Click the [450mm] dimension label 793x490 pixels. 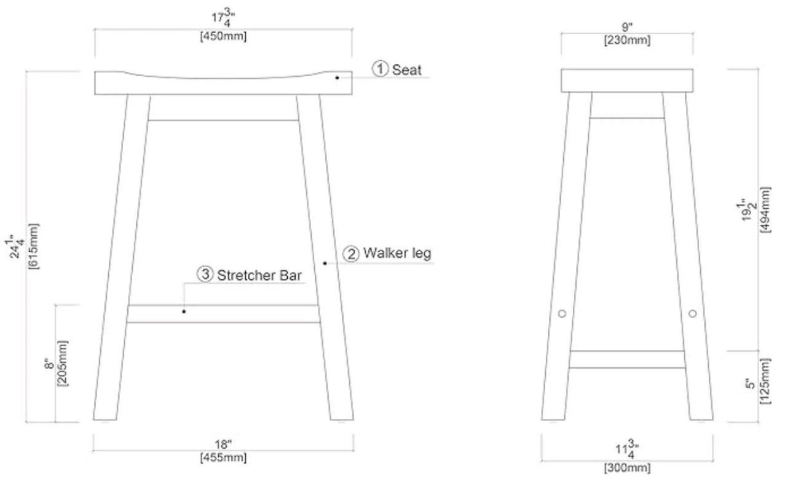223,36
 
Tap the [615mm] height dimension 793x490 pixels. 34,246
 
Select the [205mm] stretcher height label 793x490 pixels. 62,364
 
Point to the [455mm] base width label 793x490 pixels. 223,457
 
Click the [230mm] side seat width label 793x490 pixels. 627,41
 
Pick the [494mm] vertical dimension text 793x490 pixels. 765,209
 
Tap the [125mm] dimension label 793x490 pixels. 765,381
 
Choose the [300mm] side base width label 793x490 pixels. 627,468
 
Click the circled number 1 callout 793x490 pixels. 381,69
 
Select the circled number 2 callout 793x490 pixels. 351,254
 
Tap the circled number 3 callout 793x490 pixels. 205,274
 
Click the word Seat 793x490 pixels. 407,70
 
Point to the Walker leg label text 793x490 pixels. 397,254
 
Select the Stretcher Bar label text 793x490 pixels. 259,276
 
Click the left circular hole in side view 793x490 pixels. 562,314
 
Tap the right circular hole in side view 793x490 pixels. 693,314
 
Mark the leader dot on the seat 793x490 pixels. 337,78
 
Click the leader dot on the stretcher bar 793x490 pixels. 184,311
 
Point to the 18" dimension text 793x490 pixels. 223,444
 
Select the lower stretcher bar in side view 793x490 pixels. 627,360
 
